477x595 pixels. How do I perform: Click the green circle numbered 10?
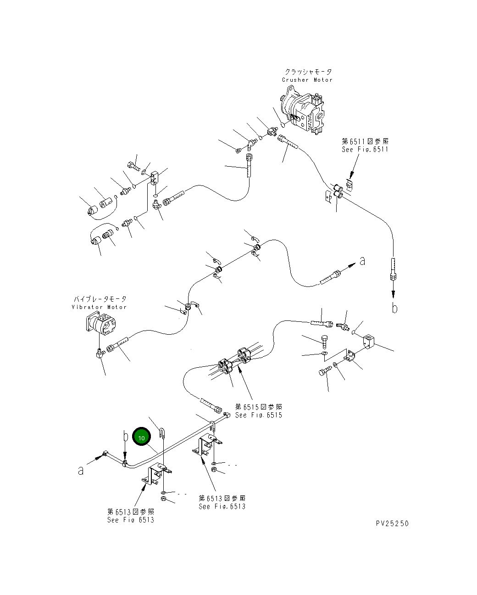141,438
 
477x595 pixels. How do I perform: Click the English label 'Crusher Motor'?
307,80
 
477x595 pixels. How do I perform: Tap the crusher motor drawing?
303,112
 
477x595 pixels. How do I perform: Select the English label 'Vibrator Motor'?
99,307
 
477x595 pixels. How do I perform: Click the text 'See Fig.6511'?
365,150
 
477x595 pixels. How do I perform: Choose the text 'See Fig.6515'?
258,415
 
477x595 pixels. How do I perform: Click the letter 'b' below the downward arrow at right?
394,308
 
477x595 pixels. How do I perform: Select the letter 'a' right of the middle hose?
362,261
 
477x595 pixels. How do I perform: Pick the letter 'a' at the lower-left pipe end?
81,471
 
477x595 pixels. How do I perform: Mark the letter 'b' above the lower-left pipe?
125,435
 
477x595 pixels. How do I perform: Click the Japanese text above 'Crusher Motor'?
308,72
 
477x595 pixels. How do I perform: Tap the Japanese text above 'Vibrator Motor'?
99,299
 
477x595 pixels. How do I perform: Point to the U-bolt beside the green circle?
163,433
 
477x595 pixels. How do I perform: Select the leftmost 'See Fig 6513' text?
130,520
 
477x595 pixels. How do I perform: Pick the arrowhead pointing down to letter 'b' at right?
394,294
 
